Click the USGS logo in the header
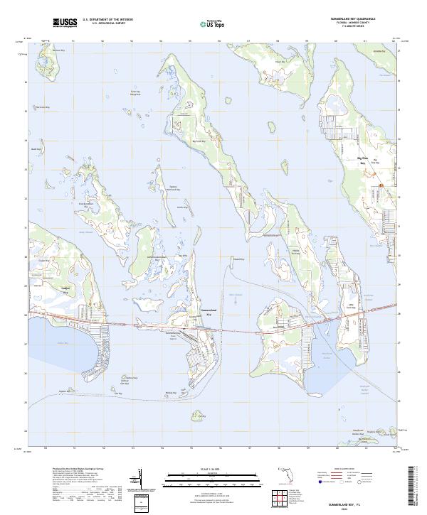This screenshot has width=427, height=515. [65, 23]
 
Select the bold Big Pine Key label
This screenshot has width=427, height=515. [362, 161]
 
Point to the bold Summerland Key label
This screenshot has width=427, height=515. [209, 313]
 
